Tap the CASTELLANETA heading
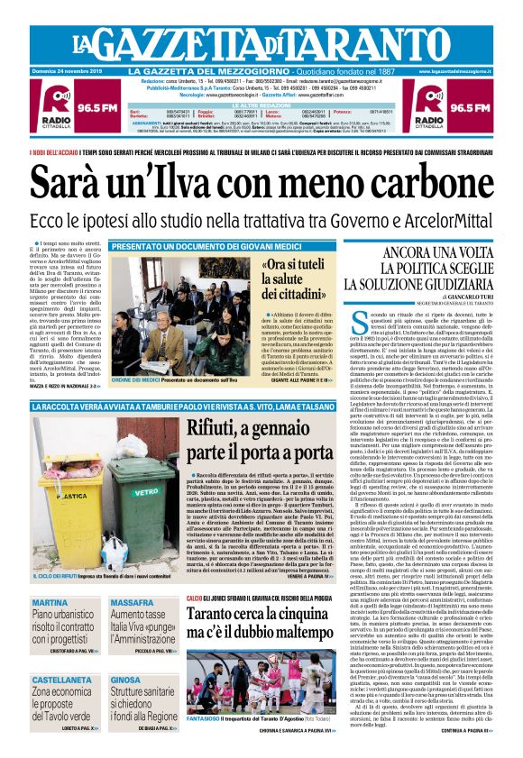click(x=68, y=680)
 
